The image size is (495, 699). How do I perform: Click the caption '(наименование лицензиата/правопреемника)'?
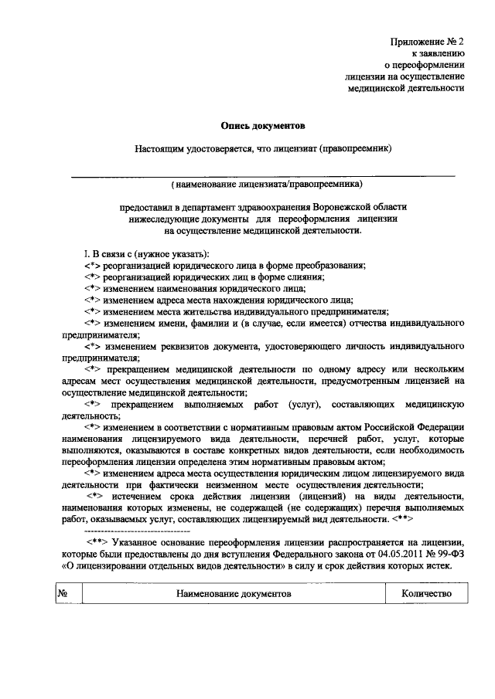point(263,185)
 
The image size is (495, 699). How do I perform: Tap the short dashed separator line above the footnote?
point(121,533)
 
